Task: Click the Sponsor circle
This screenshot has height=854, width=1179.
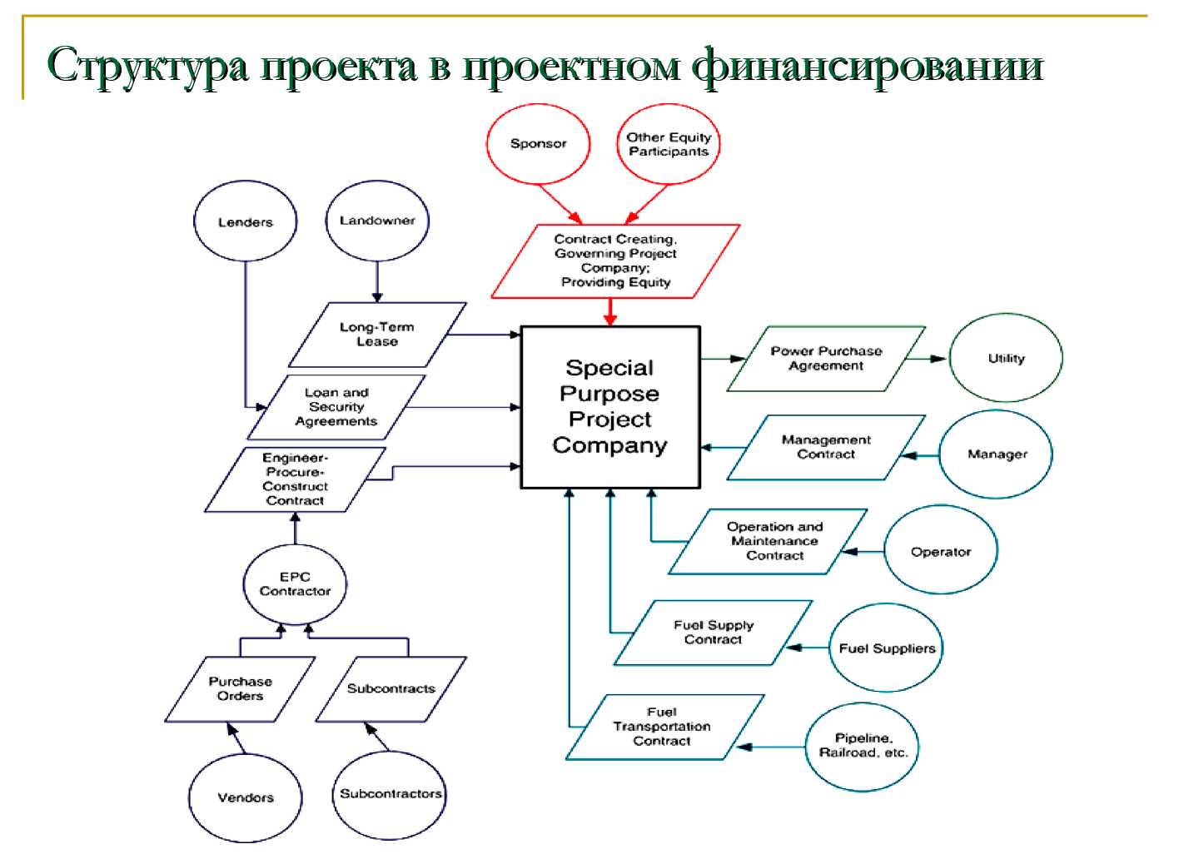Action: click(x=538, y=144)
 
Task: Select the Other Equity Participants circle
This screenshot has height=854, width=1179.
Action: click(x=669, y=144)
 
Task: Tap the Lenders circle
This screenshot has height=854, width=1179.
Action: click(x=246, y=221)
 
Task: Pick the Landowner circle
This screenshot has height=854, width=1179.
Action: click(x=377, y=221)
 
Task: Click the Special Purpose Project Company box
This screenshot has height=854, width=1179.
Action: click(x=610, y=407)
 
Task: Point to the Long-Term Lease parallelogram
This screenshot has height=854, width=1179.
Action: click(x=377, y=335)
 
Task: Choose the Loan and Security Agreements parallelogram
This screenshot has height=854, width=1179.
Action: click(x=336, y=407)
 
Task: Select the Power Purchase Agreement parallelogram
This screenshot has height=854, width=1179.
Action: click(x=826, y=359)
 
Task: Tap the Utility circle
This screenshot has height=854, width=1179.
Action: click(x=1006, y=358)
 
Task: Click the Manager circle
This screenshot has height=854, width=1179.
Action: click(x=997, y=454)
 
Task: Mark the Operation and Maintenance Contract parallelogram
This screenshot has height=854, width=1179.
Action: click(x=768, y=541)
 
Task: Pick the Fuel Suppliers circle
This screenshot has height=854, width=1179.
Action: click(x=887, y=648)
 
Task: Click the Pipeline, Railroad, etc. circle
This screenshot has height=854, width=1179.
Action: click(x=863, y=747)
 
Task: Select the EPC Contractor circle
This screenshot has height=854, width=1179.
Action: click(x=295, y=584)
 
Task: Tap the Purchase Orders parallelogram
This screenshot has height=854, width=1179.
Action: click(x=240, y=689)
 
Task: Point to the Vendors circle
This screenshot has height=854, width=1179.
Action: click(x=246, y=797)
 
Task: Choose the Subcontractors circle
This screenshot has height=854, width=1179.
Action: click(x=390, y=795)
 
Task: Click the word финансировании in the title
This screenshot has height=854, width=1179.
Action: click(x=868, y=67)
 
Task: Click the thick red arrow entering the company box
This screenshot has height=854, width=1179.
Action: click(x=610, y=312)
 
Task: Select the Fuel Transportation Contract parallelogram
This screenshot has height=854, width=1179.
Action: click(x=664, y=727)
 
